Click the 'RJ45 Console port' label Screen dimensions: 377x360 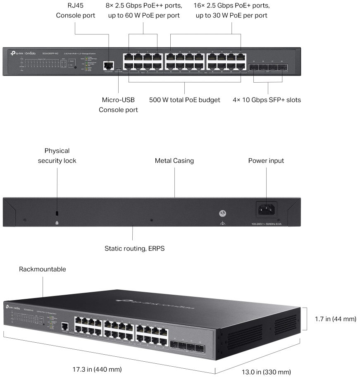[75, 11]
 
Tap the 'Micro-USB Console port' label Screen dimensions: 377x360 [118, 105]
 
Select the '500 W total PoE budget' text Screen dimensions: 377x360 [184, 100]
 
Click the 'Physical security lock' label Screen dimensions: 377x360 [57, 156]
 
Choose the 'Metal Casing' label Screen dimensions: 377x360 [174, 160]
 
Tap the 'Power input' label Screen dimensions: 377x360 [266, 160]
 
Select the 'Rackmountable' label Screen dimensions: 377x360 [43, 269]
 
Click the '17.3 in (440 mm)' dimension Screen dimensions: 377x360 [97, 369]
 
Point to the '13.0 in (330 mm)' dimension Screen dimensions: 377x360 [266, 372]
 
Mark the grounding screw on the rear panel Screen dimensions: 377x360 [222, 213]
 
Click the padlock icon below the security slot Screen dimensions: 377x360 [57, 223]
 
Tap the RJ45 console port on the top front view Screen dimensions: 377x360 [109, 64]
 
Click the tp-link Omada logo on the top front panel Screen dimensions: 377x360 [24, 53]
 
